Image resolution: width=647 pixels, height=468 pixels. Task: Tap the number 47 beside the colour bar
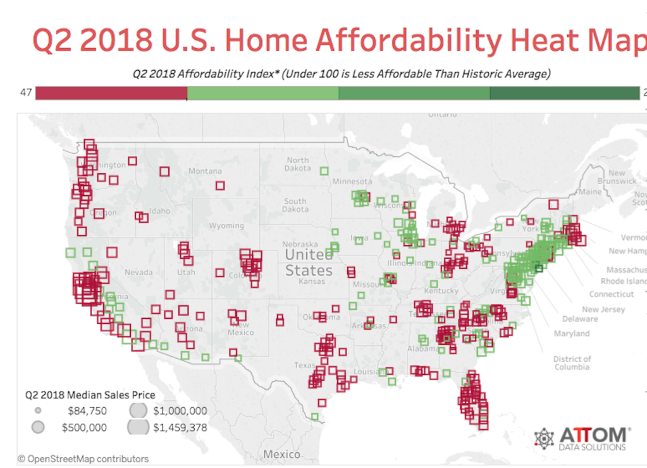[x=26, y=93]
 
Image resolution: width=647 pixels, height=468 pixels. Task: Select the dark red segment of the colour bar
[x=111, y=94]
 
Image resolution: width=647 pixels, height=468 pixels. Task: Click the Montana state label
[x=205, y=171]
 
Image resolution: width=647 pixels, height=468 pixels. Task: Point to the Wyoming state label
[x=226, y=226]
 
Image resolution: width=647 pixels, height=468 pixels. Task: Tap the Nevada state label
[x=139, y=273]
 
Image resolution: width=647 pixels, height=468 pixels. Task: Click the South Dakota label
[x=295, y=205]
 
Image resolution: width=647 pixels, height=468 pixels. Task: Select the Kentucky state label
[x=441, y=291]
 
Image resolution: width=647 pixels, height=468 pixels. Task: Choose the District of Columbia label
[x=572, y=363]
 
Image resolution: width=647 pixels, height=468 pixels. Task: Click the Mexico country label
[x=282, y=454]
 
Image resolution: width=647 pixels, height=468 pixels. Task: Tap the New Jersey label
[x=603, y=309]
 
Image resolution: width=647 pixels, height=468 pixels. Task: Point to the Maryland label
[x=571, y=333]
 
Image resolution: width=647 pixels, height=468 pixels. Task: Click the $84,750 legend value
[x=87, y=411]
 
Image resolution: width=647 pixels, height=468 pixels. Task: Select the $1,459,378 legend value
[x=180, y=428]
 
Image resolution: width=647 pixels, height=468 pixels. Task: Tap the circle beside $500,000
[x=38, y=428]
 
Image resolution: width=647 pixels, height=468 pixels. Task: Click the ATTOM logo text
[x=594, y=435]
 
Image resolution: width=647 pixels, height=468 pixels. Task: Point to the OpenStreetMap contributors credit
[x=83, y=459]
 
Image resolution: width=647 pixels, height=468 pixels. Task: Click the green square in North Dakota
[x=324, y=171]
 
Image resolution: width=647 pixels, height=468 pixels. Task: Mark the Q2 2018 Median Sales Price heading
[x=90, y=395]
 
